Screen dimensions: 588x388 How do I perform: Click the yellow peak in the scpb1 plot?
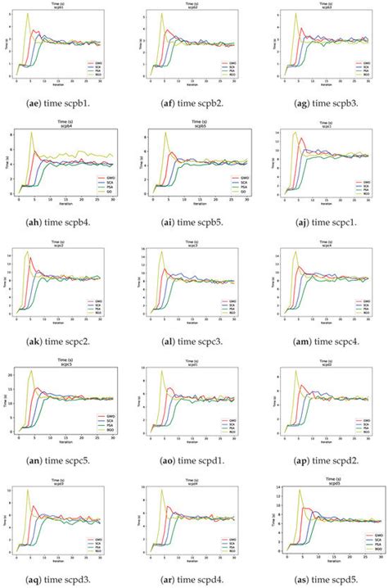coord(27,14)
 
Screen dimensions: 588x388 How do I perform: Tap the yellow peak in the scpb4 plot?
coord(31,133)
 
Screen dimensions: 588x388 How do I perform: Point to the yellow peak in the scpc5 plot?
coord(32,371)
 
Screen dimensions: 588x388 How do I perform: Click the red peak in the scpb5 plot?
coord(170,152)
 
